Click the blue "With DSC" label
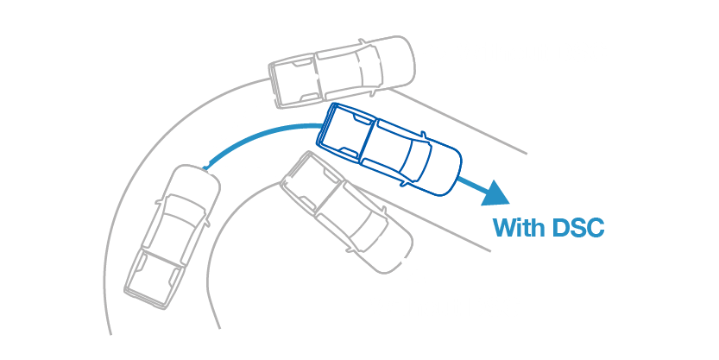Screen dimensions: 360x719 click(x=548, y=229)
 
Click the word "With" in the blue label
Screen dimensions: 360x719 click(x=517, y=229)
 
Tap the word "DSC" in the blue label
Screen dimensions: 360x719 click(x=577, y=229)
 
